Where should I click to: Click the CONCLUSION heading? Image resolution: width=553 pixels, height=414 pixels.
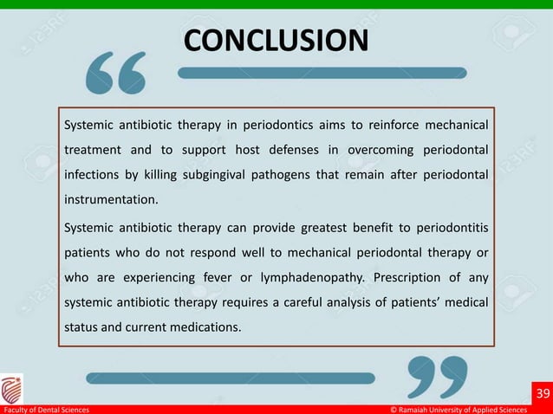276,41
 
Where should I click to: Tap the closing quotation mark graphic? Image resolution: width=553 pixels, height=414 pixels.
437,377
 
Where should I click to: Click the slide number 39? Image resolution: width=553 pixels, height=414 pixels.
543,394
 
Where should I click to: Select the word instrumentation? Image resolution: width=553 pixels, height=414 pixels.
111,200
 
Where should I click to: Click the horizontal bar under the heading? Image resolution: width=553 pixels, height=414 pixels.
322,74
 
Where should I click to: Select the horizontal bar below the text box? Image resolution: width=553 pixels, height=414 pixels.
230,377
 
